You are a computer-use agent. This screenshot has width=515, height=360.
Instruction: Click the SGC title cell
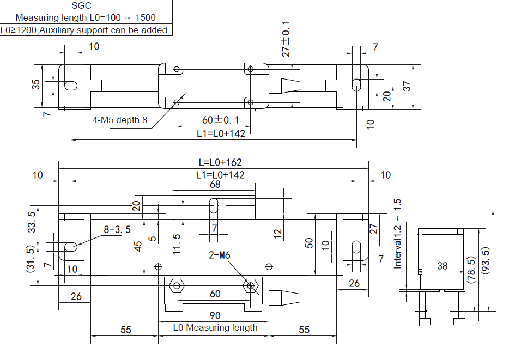[86, 6]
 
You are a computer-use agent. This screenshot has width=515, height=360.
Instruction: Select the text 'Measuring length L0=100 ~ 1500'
[86, 18]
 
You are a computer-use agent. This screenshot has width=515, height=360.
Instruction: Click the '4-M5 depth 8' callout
[119, 120]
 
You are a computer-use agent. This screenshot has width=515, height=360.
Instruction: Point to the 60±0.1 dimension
[213, 120]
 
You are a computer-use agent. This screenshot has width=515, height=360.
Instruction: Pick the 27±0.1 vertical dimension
[286, 39]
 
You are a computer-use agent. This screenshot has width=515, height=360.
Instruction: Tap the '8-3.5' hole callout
[117, 229]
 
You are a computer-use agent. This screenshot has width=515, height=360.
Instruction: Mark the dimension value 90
[215, 316]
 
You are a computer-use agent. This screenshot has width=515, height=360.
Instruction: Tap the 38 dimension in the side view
[442, 266]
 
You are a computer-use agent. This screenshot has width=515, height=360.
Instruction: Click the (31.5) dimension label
[31, 259]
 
